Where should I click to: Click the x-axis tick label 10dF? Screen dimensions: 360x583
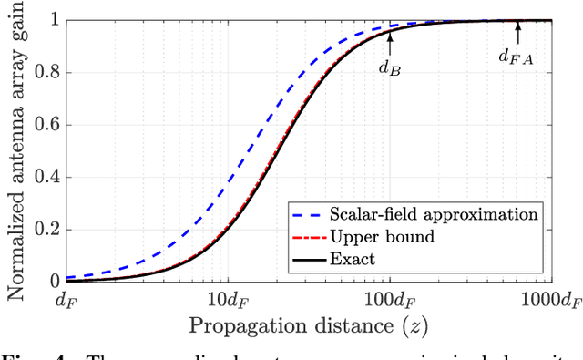[x=228, y=299]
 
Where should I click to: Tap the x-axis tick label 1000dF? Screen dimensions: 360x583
[x=553, y=299]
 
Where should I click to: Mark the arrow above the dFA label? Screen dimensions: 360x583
[x=517, y=30]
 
